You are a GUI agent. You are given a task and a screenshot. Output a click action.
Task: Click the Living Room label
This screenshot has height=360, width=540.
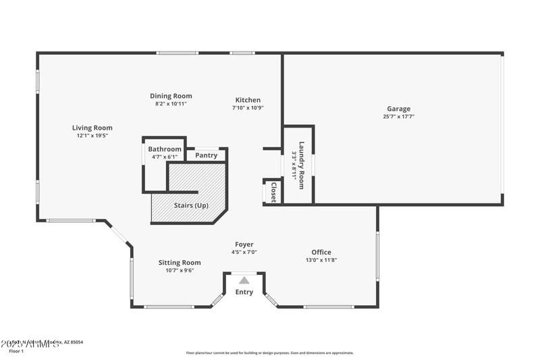(92, 128)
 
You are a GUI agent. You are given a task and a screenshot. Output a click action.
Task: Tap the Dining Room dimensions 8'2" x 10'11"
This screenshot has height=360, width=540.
(171, 104)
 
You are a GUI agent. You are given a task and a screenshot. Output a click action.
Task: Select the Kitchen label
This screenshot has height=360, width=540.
(248, 100)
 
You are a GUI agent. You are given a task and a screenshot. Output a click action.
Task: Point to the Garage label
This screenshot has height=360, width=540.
(398, 109)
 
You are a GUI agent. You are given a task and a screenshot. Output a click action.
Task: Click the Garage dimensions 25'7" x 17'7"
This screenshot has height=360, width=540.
(398, 116)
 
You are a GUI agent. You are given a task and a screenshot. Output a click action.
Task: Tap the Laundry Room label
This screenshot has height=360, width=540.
(302, 164)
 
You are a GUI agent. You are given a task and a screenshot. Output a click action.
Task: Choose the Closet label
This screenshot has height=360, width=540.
(273, 192)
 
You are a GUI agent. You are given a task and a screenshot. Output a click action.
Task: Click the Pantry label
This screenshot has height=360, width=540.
(206, 155)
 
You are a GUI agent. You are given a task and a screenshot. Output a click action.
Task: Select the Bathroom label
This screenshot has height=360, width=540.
(165, 149)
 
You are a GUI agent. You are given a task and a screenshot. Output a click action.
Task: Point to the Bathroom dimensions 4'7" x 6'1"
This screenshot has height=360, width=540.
(165, 157)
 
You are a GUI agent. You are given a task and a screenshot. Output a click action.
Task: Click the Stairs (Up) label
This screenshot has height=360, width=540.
(192, 205)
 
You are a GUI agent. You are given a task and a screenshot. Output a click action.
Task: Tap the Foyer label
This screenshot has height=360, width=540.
(244, 245)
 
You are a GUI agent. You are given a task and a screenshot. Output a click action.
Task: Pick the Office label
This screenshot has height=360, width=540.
(321, 253)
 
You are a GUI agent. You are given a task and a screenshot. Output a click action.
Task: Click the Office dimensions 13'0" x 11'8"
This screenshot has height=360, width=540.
(321, 260)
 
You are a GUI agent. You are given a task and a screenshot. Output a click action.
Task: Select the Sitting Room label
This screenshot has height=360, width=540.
(180, 263)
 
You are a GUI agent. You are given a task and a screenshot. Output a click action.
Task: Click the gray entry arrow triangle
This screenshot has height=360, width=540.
(244, 280)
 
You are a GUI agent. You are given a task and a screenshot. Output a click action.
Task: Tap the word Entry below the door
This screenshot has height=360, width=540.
(244, 292)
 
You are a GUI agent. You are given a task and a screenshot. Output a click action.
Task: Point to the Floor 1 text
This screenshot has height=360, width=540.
(16, 351)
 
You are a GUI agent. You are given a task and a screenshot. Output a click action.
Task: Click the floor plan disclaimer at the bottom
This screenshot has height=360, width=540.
(269, 353)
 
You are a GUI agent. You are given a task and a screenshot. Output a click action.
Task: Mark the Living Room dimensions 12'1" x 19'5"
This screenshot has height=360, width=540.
(92, 135)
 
